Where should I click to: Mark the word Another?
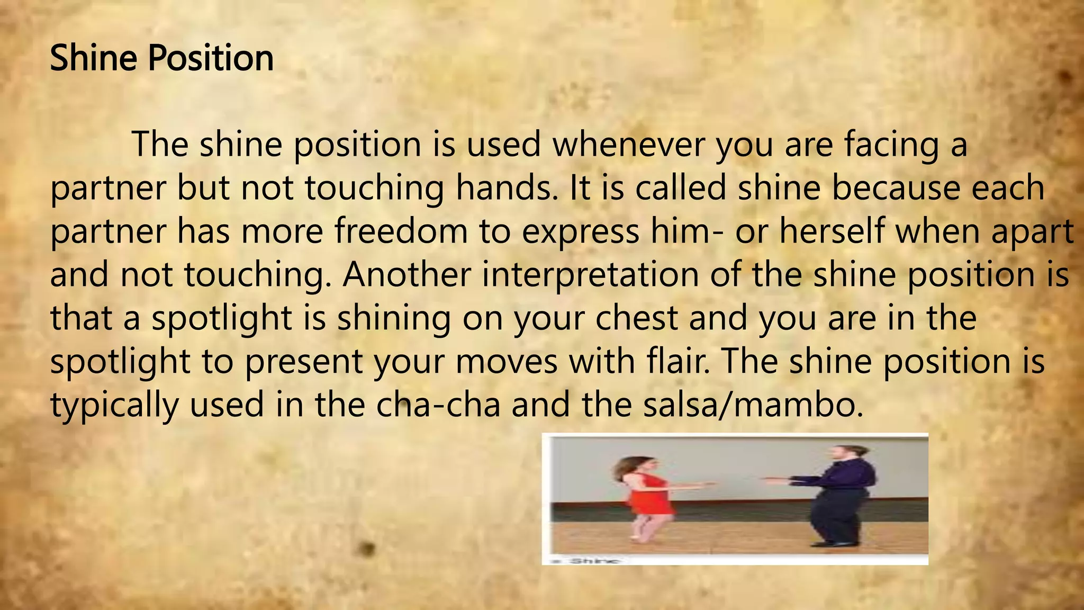(406, 274)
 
